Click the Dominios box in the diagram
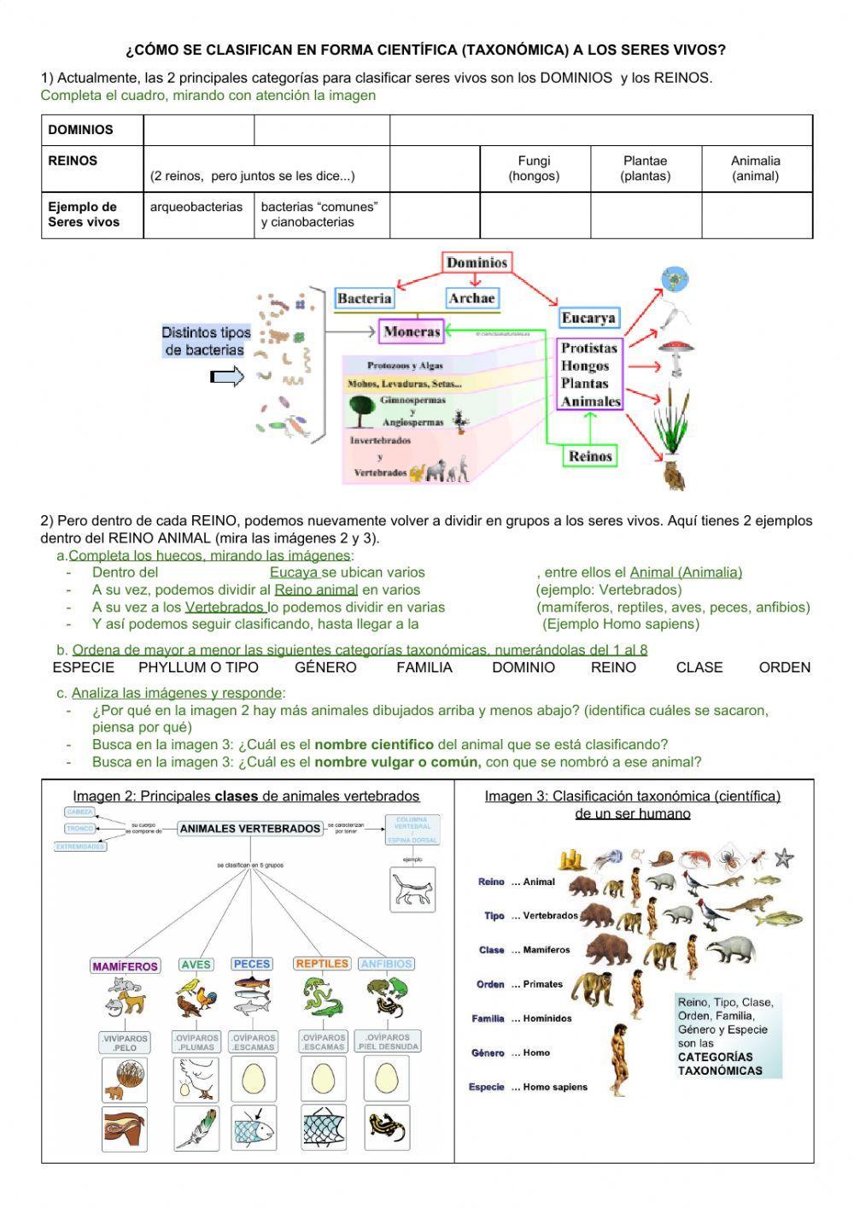pyautogui.click(x=477, y=263)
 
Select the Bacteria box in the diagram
pyautogui.click(x=365, y=298)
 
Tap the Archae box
pyautogui.click(x=471, y=298)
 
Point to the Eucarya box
pyautogui.click(x=588, y=318)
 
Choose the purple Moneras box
pyautogui.click(x=412, y=331)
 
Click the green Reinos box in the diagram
pyautogui.click(x=590, y=456)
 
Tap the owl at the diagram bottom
pyautogui.click(x=674, y=474)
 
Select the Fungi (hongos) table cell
pyautogui.click(x=534, y=168)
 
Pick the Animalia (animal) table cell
pyautogui.click(x=756, y=168)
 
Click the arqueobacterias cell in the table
pyautogui.click(x=196, y=207)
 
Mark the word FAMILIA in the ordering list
pyautogui.click(x=424, y=667)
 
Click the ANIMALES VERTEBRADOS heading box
pyautogui.click(x=250, y=828)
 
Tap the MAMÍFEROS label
pyautogui.click(x=125, y=966)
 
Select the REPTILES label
pyautogui.click(x=322, y=964)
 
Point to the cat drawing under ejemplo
pyautogui.click(x=412, y=889)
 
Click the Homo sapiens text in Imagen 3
pyautogui.click(x=555, y=1087)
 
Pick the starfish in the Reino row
pyautogui.click(x=783, y=857)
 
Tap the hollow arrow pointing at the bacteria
pyautogui.click(x=227, y=377)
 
